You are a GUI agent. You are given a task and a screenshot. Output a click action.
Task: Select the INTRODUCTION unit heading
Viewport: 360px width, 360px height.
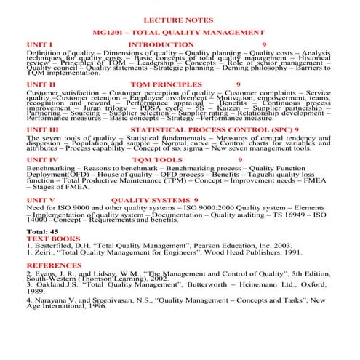[161, 44]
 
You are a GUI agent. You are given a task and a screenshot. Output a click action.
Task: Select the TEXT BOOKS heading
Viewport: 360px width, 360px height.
[53, 239]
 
